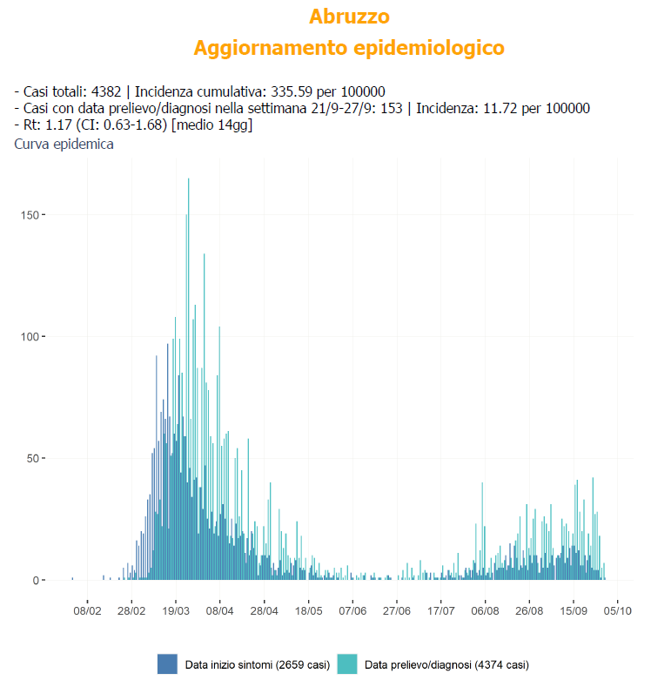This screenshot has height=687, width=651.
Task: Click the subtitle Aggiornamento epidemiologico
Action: (x=349, y=47)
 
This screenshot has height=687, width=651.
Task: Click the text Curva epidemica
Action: (x=64, y=145)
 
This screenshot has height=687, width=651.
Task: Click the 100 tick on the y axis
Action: (x=28, y=336)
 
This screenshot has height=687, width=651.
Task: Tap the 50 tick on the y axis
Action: (x=31, y=458)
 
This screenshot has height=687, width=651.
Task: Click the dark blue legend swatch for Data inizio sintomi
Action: (x=167, y=663)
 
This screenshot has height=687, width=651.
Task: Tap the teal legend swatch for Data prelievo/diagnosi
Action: (x=347, y=663)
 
